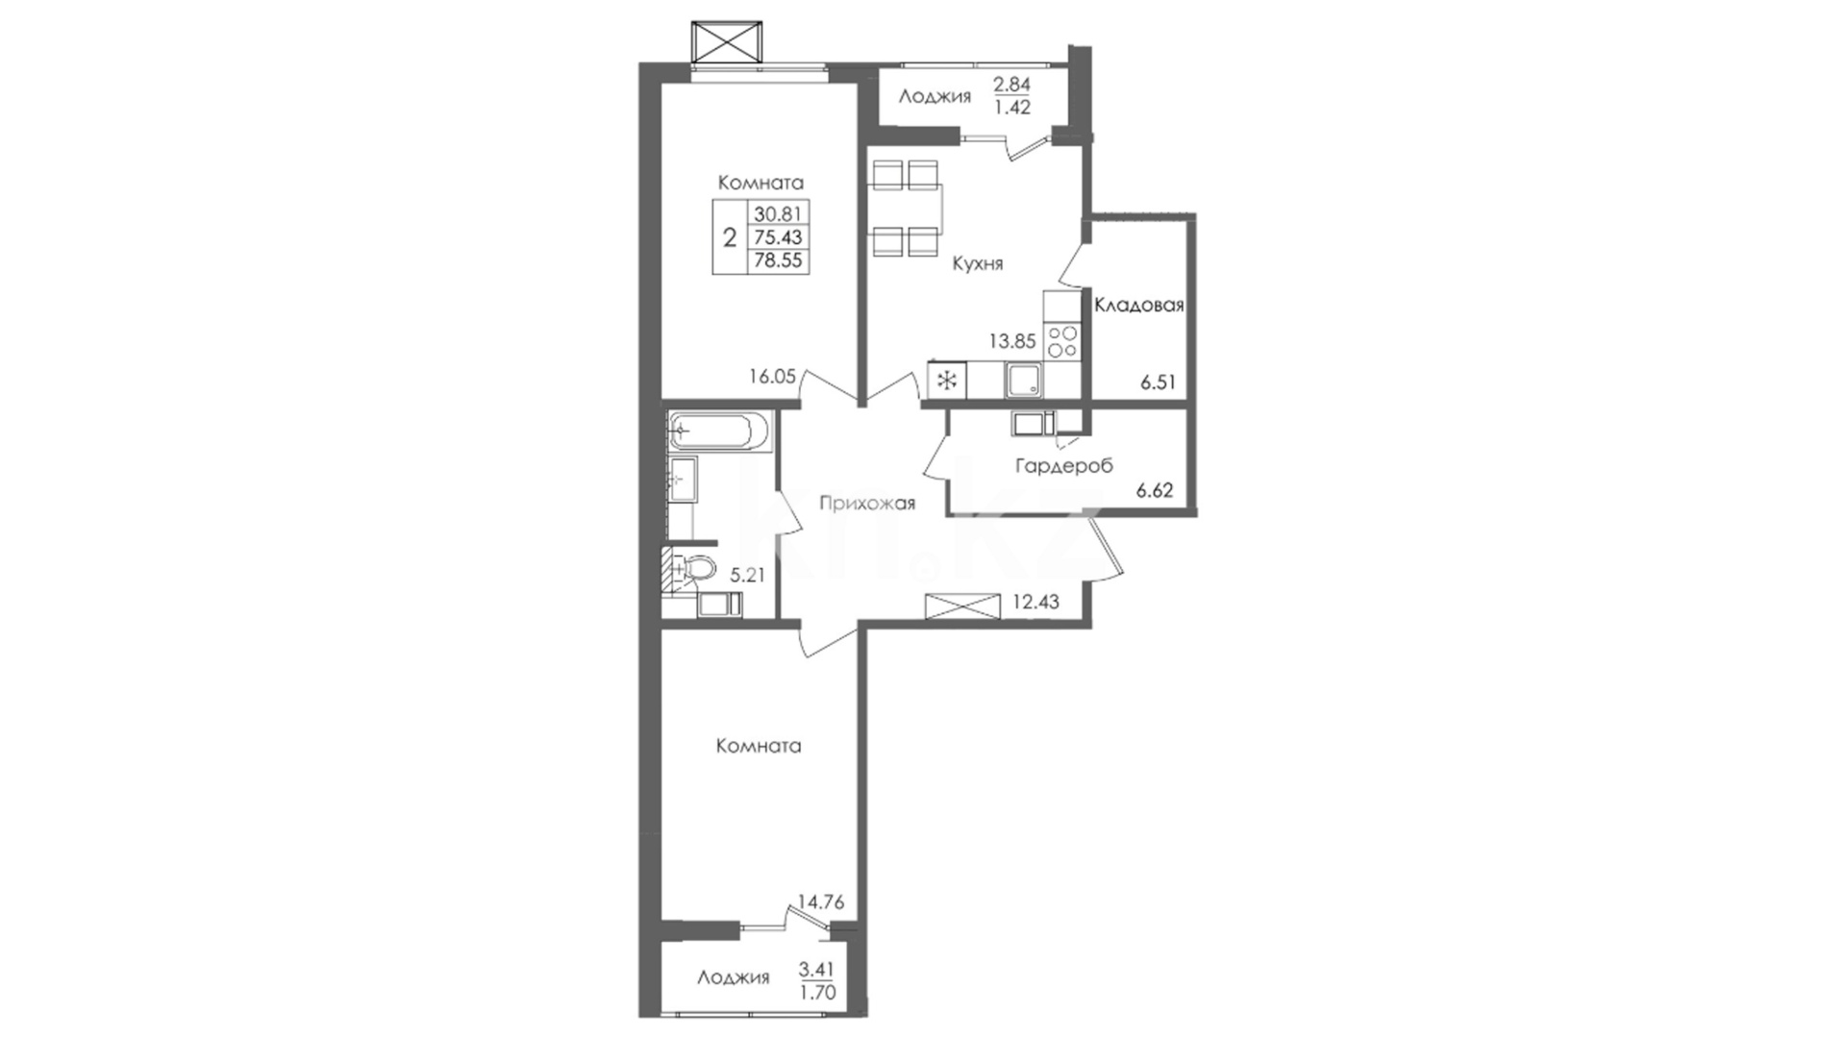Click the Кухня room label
[x=977, y=263]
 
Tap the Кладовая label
[x=1138, y=305]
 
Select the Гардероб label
[x=1064, y=466]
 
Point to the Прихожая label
[x=867, y=503]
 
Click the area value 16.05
[x=773, y=377]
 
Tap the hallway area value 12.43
[x=1036, y=603]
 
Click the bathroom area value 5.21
[x=748, y=576]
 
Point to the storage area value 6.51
[x=1159, y=382]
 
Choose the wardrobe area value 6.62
[x=1155, y=490]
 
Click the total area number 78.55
[x=779, y=260]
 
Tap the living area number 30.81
[x=779, y=212]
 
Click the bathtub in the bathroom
[x=720, y=431]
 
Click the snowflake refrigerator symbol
[x=946, y=381]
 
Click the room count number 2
[x=730, y=237]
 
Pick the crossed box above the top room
[x=729, y=41]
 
